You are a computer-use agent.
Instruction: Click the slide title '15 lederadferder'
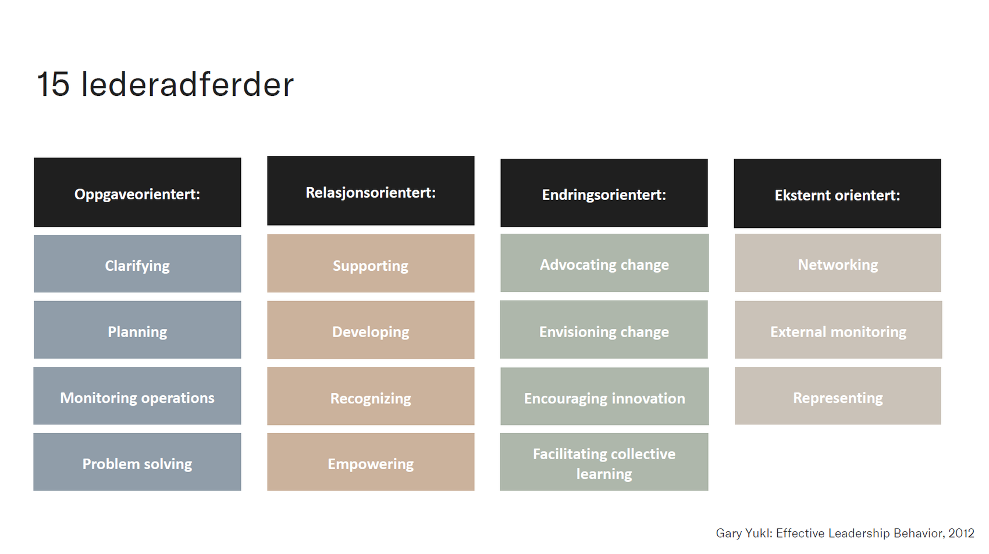pos(165,85)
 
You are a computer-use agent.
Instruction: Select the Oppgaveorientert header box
pos(137,192)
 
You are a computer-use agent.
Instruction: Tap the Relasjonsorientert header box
pos(371,191)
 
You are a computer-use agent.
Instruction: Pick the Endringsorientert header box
pos(604,193)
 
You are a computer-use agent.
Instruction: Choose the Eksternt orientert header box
pos(837,194)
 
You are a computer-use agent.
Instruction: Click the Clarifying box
pos(137,264)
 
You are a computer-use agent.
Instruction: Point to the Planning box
pos(137,330)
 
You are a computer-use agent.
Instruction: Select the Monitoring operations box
pos(137,396)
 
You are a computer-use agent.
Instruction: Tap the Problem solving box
pos(137,462)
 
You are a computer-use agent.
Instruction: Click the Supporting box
pos(371,264)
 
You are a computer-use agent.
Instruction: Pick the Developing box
pos(371,330)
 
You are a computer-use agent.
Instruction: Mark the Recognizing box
pos(371,396)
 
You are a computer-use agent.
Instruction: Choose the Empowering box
pos(371,462)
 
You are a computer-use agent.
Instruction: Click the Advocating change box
pos(604,263)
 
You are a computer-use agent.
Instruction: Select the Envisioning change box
pos(604,330)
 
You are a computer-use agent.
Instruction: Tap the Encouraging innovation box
pos(604,396)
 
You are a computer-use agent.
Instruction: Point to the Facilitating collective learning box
pos(604,462)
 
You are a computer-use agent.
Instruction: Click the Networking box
pos(838,263)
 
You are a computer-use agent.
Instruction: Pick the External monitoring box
pos(838,330)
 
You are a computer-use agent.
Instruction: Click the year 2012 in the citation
pos(961,533)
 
